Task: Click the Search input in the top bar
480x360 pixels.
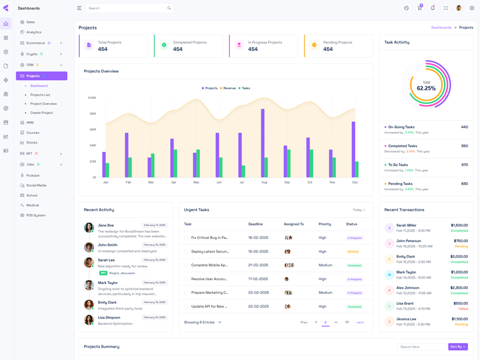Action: [x=126, y=8]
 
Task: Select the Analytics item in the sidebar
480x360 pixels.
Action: [x=34, y=32]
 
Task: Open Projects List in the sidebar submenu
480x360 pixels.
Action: [x=40, y=95]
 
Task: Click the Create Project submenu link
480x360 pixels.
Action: [x=41, y=113]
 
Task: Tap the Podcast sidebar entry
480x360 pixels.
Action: [x=32, y=176]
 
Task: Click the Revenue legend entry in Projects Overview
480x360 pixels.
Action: [x=229, y=88]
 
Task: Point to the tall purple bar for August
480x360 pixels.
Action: [x=263, y=142]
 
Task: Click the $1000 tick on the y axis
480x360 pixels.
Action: [x=92, y=98]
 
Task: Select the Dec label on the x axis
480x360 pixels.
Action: [x=355, y=182]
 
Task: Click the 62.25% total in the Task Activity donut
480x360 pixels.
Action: [x=426, y=88]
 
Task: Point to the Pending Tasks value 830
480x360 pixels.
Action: [x=464, y=184]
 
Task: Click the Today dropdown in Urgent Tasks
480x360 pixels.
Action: [x=359, y=210]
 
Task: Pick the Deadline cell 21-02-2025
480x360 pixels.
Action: [x=258, y=265]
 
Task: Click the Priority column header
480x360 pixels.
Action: [x=325, y=224]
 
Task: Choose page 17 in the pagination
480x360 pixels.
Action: [x=347, y=323]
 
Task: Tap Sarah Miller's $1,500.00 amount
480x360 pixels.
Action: [x=459, y=226]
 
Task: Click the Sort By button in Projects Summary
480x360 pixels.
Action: [x=458, y=347]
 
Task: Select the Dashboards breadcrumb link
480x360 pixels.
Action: [x=441, y=28]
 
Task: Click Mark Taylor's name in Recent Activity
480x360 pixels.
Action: [x=108, y=283]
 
